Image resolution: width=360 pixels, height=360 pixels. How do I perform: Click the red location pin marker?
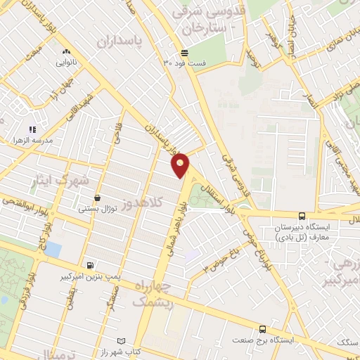tap(181, 165)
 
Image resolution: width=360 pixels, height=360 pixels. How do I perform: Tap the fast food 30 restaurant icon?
tap(184, 53)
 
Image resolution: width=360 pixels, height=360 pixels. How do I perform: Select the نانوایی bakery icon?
tap(66, 51)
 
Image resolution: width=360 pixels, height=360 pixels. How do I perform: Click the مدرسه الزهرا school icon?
tap(32, 129)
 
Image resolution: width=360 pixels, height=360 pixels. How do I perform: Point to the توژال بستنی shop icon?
tap(97, 199)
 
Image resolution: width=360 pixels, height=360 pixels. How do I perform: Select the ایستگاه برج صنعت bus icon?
tap(262, 328)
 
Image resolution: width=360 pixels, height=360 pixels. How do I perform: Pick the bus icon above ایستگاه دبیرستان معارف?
tap(302, 216)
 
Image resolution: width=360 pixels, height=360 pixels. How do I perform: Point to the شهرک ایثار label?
tap(60, 181)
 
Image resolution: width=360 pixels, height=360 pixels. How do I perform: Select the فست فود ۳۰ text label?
tap(185, 63)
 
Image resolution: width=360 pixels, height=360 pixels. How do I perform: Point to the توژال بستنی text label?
tap(97, 210)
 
